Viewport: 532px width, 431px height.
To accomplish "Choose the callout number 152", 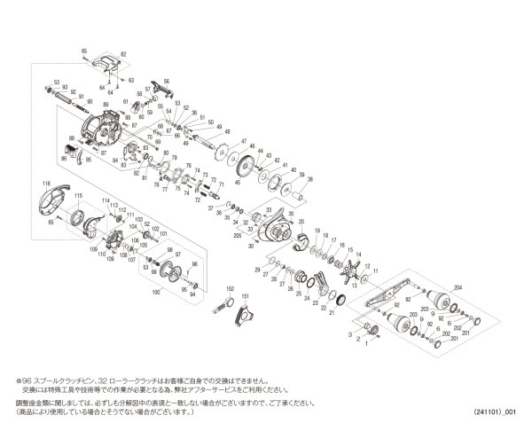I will pyautogui.click(x=228, y=289).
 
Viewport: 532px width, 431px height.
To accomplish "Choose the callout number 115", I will pyautogui.click(x=77, y=195).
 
